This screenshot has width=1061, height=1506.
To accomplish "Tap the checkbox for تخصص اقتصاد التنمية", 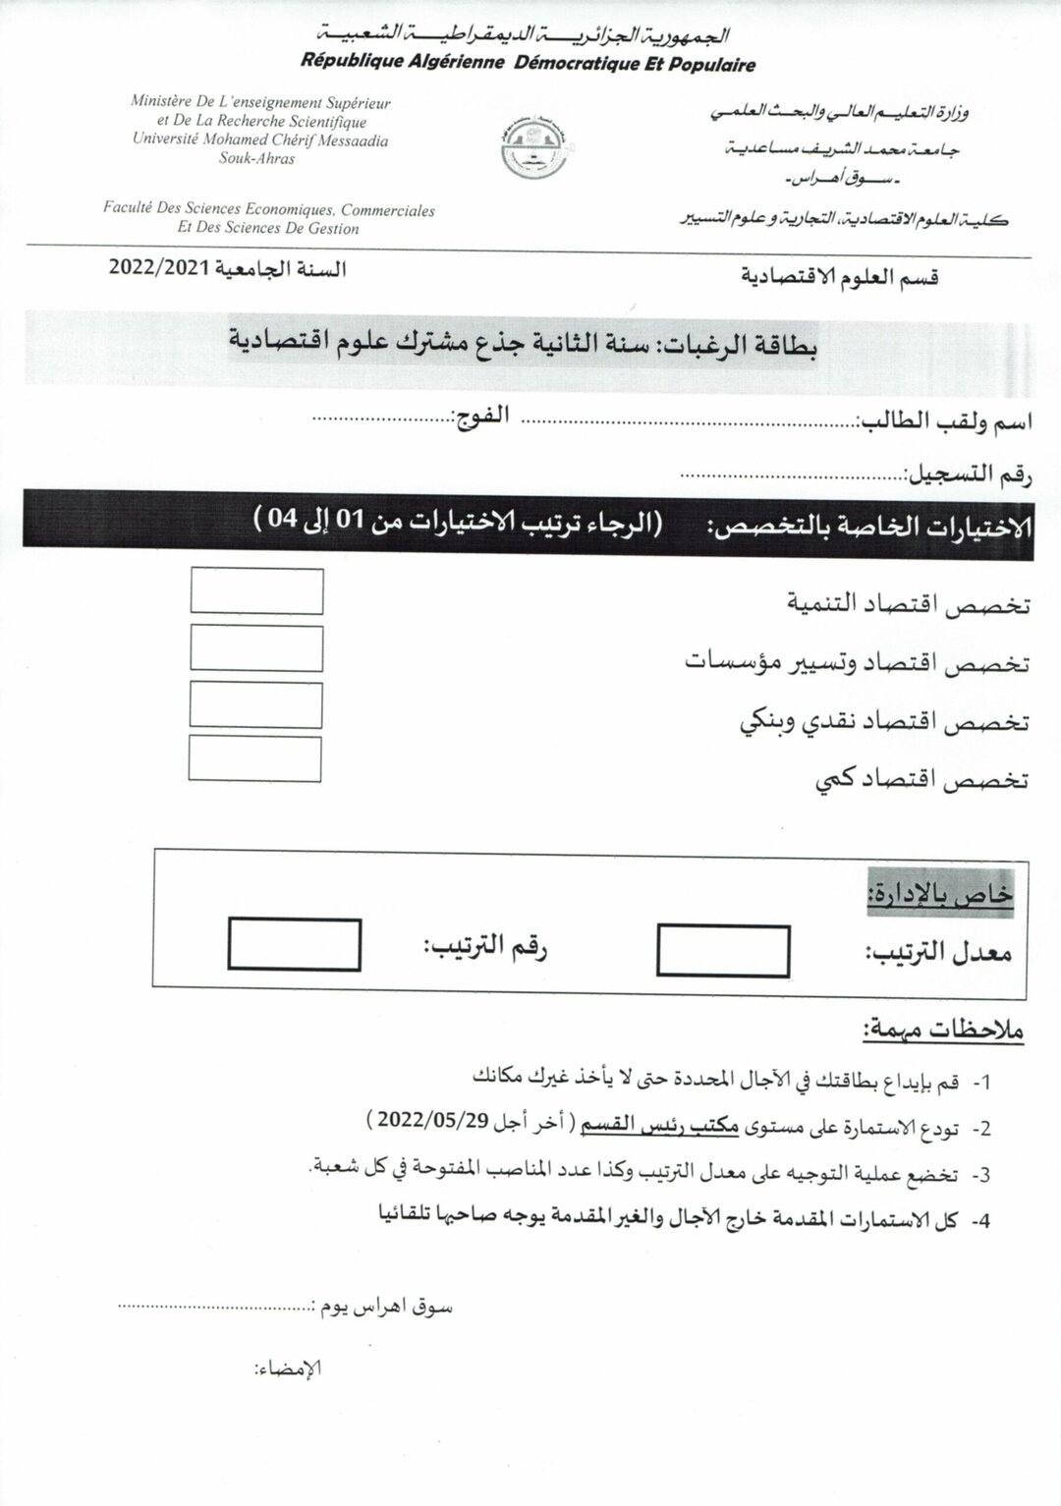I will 256,591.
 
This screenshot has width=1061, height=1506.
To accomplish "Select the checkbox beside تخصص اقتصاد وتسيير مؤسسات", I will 256,648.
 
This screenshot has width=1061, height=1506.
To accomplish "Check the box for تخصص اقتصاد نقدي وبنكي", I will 255,704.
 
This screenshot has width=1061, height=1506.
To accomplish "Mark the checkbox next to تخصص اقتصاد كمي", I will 254,759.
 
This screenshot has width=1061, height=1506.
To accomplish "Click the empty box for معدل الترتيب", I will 723,950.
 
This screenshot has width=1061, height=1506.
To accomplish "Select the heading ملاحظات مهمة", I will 943,1031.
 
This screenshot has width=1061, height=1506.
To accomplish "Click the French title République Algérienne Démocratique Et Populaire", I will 529,65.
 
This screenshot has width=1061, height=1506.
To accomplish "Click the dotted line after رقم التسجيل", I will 792,474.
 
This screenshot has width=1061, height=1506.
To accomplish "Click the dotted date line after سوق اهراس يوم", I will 212,1307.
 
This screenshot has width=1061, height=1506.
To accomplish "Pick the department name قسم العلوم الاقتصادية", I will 841,277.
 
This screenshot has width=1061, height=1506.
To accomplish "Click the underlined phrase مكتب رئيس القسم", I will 658,1126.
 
